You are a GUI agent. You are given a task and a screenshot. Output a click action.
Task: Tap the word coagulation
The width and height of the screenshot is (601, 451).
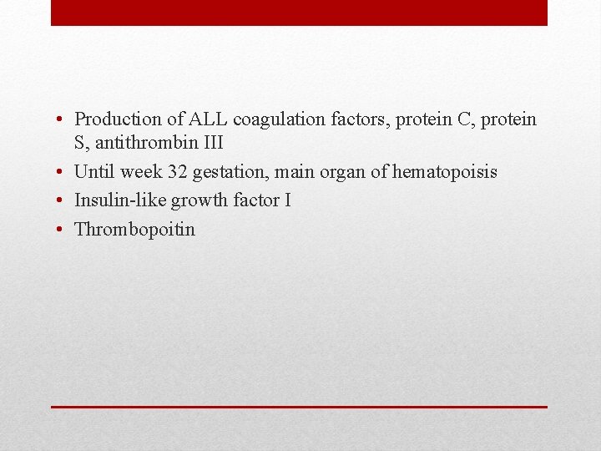(270, 120)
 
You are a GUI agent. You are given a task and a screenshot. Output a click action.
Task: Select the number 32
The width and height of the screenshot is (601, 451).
(176, 172)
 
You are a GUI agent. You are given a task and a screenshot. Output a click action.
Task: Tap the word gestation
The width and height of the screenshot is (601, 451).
(227, 172)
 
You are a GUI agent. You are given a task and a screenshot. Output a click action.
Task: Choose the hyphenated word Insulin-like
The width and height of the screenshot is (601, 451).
(120, 200)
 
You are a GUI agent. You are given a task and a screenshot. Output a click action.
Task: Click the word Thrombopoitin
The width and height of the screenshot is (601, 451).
(134, 229)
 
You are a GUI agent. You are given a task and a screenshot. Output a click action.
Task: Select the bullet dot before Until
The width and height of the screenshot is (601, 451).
(63, 173)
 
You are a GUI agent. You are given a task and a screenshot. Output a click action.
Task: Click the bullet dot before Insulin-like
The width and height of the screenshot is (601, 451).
(63, 201)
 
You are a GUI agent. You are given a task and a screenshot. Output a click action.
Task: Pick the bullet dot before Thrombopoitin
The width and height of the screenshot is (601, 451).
(63, 230)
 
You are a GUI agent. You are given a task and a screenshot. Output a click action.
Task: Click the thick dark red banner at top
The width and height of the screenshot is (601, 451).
(299, 13)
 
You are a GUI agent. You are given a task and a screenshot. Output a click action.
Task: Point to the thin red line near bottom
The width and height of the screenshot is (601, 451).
(299, 407)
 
